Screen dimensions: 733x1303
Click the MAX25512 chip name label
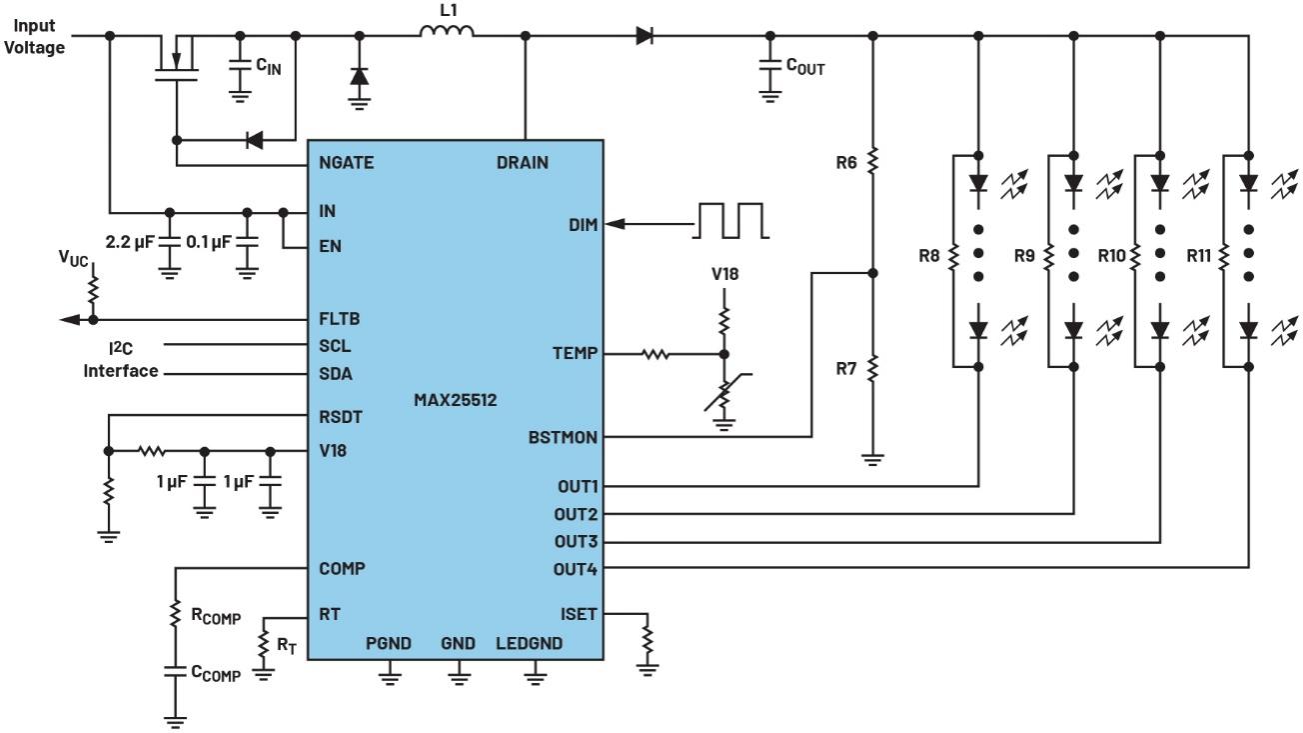pos(455,400)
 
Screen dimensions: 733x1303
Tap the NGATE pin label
pos(347,162)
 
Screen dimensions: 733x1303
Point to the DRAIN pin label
pos(522,162)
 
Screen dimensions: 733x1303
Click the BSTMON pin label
pos(563,437)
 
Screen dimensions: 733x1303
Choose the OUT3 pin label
pos(576,541)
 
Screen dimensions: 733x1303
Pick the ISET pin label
pos(579,613)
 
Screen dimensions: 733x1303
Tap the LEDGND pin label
pos(529,644)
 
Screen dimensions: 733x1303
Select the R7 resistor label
pos(847,368)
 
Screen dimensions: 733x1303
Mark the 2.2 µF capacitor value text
pos(130,242)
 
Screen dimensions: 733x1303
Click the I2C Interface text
pos(120,359)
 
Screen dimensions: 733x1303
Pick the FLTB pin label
pos(340,319)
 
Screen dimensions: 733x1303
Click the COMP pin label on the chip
pos(342,568)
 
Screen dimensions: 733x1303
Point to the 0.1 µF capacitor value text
pos(209,242)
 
